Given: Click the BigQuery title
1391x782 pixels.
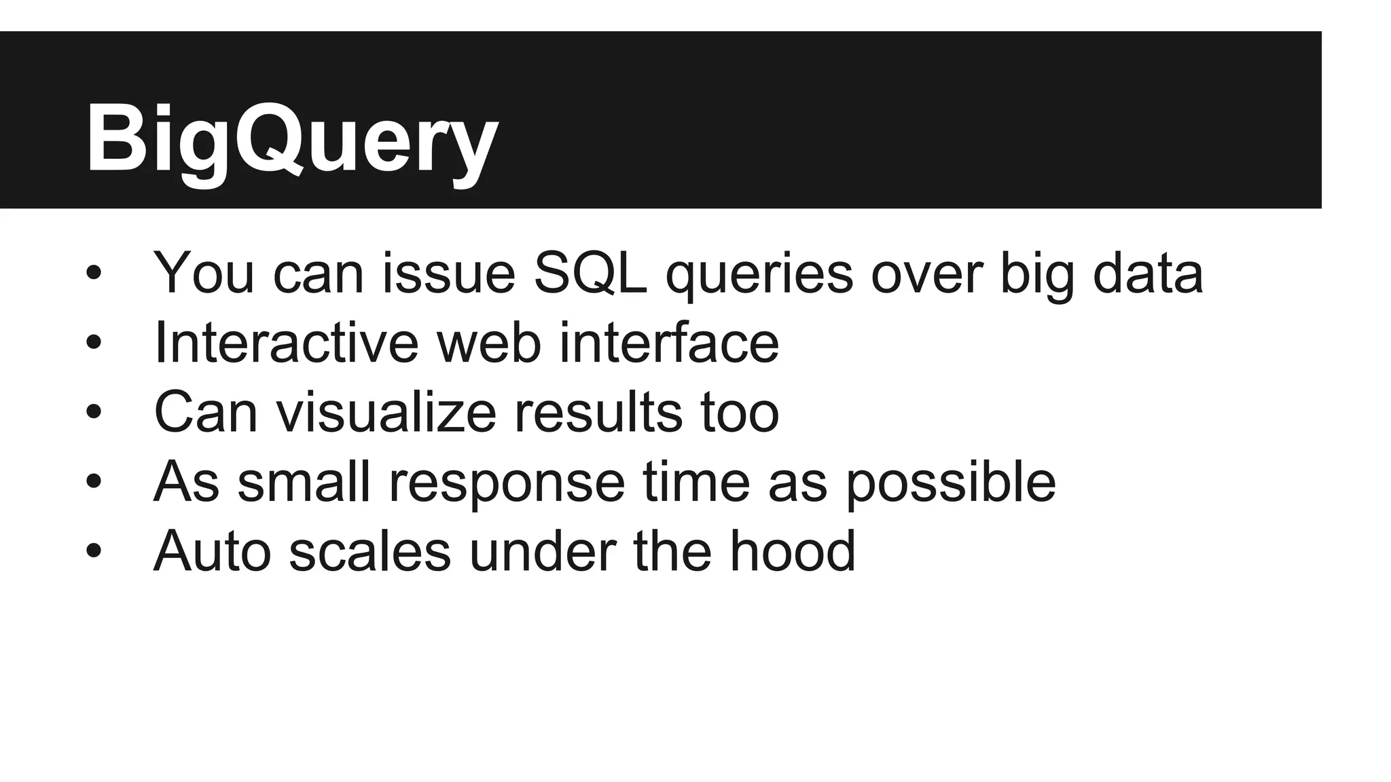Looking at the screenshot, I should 292,139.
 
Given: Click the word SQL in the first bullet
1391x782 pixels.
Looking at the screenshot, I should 590,273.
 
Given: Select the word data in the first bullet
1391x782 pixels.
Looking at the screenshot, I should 1147,273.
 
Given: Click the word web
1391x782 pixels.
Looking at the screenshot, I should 488,343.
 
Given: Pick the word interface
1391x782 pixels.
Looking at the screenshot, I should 668,343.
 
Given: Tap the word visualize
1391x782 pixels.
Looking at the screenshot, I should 386,412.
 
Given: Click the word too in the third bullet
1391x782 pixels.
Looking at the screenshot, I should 740,412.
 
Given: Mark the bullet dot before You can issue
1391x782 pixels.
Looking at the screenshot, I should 94,274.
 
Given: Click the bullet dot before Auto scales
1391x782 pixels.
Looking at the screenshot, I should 94,552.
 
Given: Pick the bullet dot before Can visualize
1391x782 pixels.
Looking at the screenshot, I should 94,413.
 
